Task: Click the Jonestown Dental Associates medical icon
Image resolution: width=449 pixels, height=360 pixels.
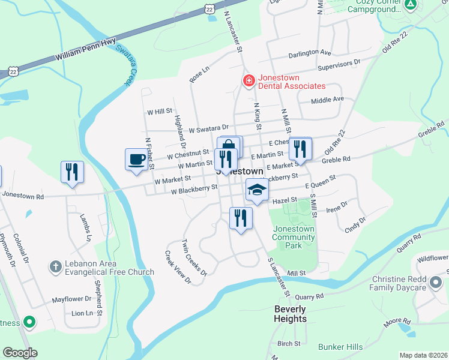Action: pyautogui.click(x=248, y=80)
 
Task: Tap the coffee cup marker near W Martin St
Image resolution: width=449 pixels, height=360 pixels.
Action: pyautogui.click(x=136, y=160)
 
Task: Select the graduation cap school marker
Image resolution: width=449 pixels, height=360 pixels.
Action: pyautogui.click(x=256, y=191)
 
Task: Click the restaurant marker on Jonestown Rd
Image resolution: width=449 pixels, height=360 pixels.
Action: pyautogui.click(x=72, y=172)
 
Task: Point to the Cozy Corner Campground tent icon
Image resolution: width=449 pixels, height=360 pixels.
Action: pyautogui.click(x=410, y=5)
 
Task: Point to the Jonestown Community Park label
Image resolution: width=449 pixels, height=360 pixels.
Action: pyautogui.click(x=294, y=237)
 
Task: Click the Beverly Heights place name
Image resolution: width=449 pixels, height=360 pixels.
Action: pyautogui.click(x=290, y=314)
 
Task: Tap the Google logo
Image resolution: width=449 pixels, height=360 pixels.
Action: pyautogui.click(x=20, y=352)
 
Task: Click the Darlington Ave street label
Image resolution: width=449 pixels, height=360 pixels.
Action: pyautogui.click(x=309, y=53)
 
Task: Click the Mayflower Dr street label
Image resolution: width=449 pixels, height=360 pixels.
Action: pyautogui.click(x=70, y=298)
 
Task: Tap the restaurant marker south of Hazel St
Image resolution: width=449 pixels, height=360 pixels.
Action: pyautogui.click(x=241, y=219)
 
